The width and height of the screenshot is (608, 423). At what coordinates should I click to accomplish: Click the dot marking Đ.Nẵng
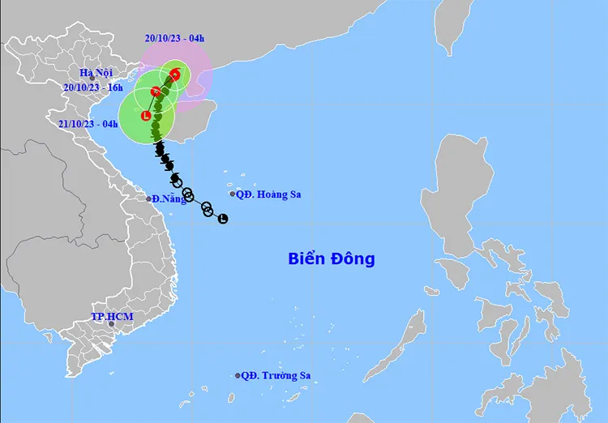149,199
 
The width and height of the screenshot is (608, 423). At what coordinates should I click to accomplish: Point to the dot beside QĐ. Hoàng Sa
233,194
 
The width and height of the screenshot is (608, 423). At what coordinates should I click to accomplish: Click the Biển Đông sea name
332,259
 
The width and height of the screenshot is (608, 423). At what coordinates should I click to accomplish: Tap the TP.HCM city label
112,316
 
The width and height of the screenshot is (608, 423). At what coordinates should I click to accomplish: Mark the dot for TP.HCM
111,325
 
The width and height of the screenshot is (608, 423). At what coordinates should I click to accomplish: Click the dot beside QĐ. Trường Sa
238,376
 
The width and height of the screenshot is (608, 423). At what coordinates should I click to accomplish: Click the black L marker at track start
223,218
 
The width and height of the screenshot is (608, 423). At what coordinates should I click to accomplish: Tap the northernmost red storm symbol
175,75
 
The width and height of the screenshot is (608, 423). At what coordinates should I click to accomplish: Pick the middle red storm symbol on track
156,92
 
